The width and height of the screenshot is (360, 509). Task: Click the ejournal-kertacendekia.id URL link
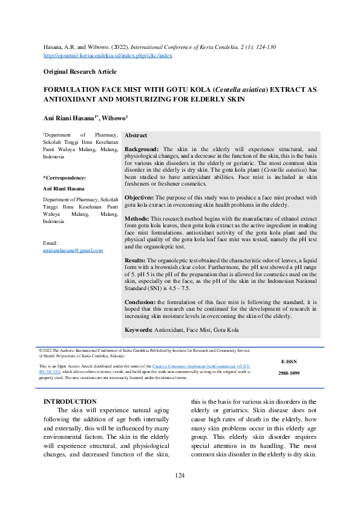point(108,55)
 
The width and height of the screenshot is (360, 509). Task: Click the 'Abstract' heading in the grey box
point(136,136)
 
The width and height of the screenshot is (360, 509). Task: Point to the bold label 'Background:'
point(142,149)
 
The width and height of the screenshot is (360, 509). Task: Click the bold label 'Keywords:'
point(138,329)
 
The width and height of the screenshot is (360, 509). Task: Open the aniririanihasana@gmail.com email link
point(73,250)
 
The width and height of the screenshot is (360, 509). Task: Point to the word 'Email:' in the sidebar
point(51,243)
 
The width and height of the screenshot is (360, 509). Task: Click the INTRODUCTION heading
point(70,401)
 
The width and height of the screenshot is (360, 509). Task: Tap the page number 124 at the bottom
point(180,476)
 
